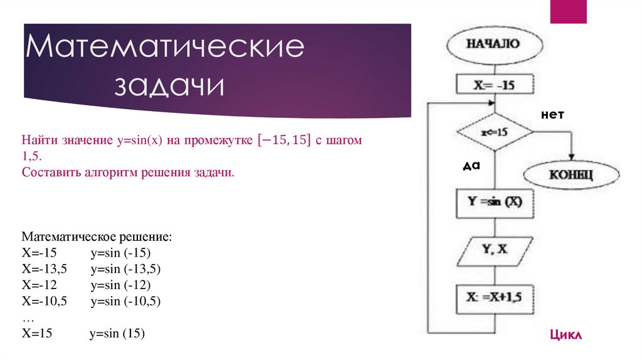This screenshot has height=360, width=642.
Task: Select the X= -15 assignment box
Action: point(495,85)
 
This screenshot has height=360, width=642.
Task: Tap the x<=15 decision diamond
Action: point(495,133)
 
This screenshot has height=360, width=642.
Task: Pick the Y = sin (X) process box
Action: point(495,203)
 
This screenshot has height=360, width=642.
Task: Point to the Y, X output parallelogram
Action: point(495,250)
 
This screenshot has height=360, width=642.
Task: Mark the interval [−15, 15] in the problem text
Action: point(285,141)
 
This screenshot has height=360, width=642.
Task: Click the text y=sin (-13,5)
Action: point(126,269)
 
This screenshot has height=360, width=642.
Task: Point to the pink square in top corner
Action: point(568,12)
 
